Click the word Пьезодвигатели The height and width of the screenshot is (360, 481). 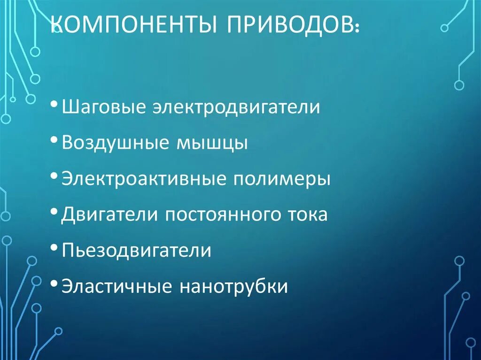click(136, 250)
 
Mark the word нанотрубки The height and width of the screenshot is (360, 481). click(233, 286)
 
